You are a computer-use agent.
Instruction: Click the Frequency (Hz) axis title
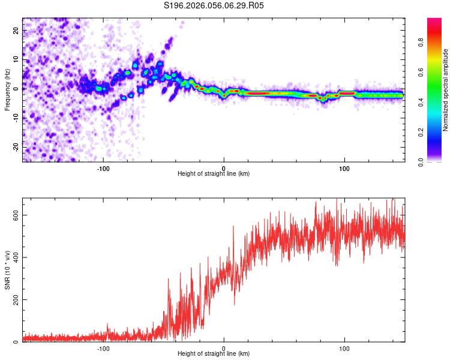pyautogui.click(x=7, y=90)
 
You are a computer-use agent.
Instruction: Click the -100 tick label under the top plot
pyautogui.click(x=103, y=168)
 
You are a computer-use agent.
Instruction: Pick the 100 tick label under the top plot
pyautogui.click(x=344, y=168)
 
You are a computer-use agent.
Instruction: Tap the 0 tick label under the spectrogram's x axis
pyautogui.click(x=224, y=168)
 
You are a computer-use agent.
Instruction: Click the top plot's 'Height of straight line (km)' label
pyautogui.click(x=214, y=174)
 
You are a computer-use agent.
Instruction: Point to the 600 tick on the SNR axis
pyautogui.click(x=14, y=215)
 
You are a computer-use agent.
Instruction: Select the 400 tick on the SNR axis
pyautogui.click(x=14, y=257)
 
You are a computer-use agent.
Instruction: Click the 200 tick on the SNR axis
pyautogui.click(x=14, y=299)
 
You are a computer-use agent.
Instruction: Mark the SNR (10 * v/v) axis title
pyautogui.click(x=7, y=270)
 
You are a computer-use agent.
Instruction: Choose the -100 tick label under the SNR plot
pyautogui.click(x=103, y=348)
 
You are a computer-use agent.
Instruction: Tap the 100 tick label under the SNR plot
pyautogui.click(x=344, y=348)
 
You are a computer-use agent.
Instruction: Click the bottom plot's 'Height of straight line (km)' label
pyautogui.click(x=214, y=354)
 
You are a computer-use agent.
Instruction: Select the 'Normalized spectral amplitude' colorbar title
pyautogui.click(x=445, y=90)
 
